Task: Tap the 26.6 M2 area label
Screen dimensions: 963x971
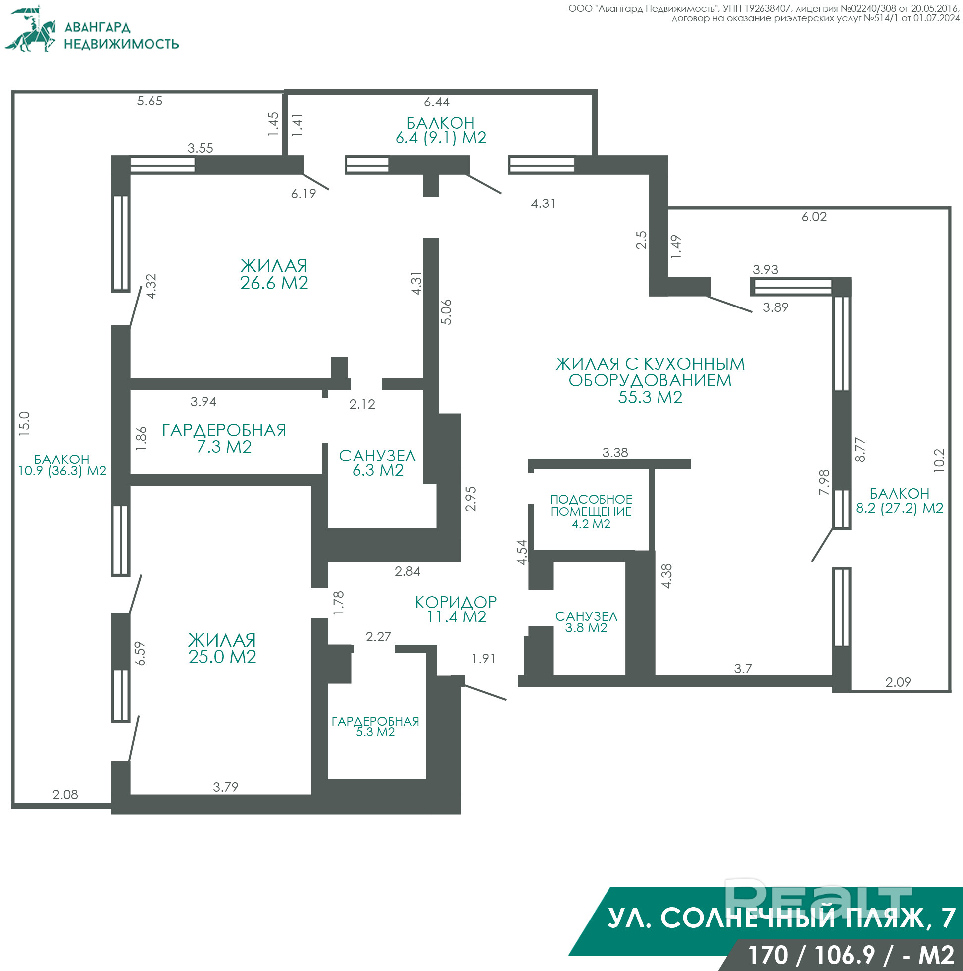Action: [x=274, y=283]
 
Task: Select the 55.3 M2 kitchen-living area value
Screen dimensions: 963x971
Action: [x=650, y=397]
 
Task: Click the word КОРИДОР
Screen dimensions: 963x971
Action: [x=456, y=602]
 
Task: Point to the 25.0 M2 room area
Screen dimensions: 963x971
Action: [x=222, y=657]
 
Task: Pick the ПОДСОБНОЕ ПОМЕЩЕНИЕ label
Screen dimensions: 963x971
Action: [x=591, y=505]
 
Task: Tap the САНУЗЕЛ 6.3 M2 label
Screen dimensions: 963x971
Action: [x=378, y=463]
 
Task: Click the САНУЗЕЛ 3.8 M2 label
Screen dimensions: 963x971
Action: [x=586, y=622]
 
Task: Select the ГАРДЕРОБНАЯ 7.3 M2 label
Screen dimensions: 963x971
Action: [x=224, y=438]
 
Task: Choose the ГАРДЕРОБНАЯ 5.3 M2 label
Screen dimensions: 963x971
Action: [x=375, y=727]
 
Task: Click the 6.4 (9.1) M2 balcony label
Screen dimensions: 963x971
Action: [x=441, y=138]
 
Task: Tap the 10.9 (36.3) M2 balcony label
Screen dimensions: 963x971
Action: [x=62, y=471]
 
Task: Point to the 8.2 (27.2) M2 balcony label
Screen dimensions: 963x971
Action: [x=900, y=508]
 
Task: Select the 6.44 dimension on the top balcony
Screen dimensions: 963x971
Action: [x=437, y=102]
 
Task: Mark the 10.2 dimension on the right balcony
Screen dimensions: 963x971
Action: [x=939, y=460]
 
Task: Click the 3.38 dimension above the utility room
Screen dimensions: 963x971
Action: [x=615, y=453]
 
